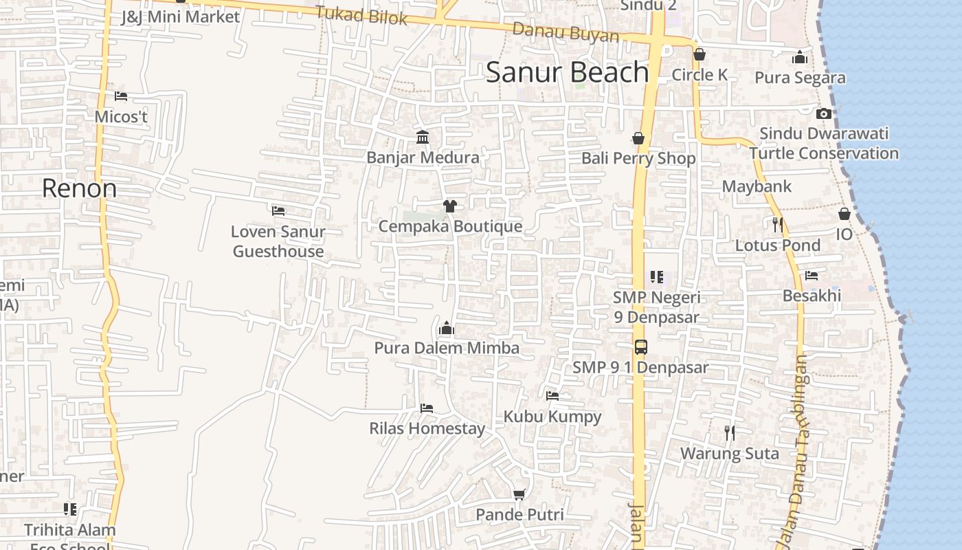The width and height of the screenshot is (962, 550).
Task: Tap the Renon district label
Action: click(79, 188)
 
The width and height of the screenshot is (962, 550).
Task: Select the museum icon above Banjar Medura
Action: click(423, 137)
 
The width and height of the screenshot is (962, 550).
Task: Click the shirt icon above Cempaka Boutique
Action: click(449, 206)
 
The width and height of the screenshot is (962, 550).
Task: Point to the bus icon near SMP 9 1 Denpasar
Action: click(640, 346)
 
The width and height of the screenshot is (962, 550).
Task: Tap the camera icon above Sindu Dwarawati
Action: click(824, 113)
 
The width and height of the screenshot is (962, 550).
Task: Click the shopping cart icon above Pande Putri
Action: click(519, 494)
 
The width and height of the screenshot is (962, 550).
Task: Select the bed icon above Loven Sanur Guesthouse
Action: click(278, 210)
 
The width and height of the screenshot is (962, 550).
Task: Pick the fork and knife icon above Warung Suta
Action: click(730, 433)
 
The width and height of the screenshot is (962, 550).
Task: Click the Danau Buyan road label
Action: click(566, 32)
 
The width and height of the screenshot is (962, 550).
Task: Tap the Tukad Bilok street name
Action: click(361, 15)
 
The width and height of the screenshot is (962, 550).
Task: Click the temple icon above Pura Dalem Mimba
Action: click(447, 328)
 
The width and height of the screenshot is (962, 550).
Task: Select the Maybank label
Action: click(757, 186)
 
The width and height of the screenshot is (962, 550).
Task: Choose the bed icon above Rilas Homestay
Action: click(426, 408)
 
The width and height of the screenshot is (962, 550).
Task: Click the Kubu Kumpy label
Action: click(552, 416)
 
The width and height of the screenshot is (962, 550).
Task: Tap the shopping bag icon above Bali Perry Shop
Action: click(638, 138)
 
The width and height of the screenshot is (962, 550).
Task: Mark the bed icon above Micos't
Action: click(121, 96)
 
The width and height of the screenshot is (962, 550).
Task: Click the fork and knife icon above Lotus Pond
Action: click(777, 224)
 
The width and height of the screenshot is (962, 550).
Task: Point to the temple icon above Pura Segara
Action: click(800, 58)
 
